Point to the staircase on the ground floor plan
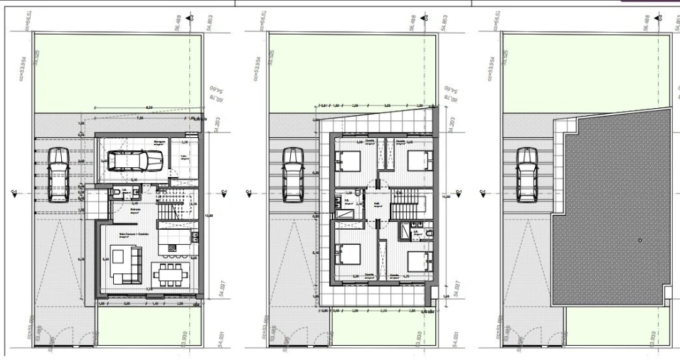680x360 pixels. coord(176,203)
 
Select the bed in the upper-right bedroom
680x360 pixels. coord(418,159)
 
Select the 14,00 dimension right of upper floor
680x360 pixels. coord(445,196)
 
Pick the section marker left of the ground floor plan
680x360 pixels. coord(14,191)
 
